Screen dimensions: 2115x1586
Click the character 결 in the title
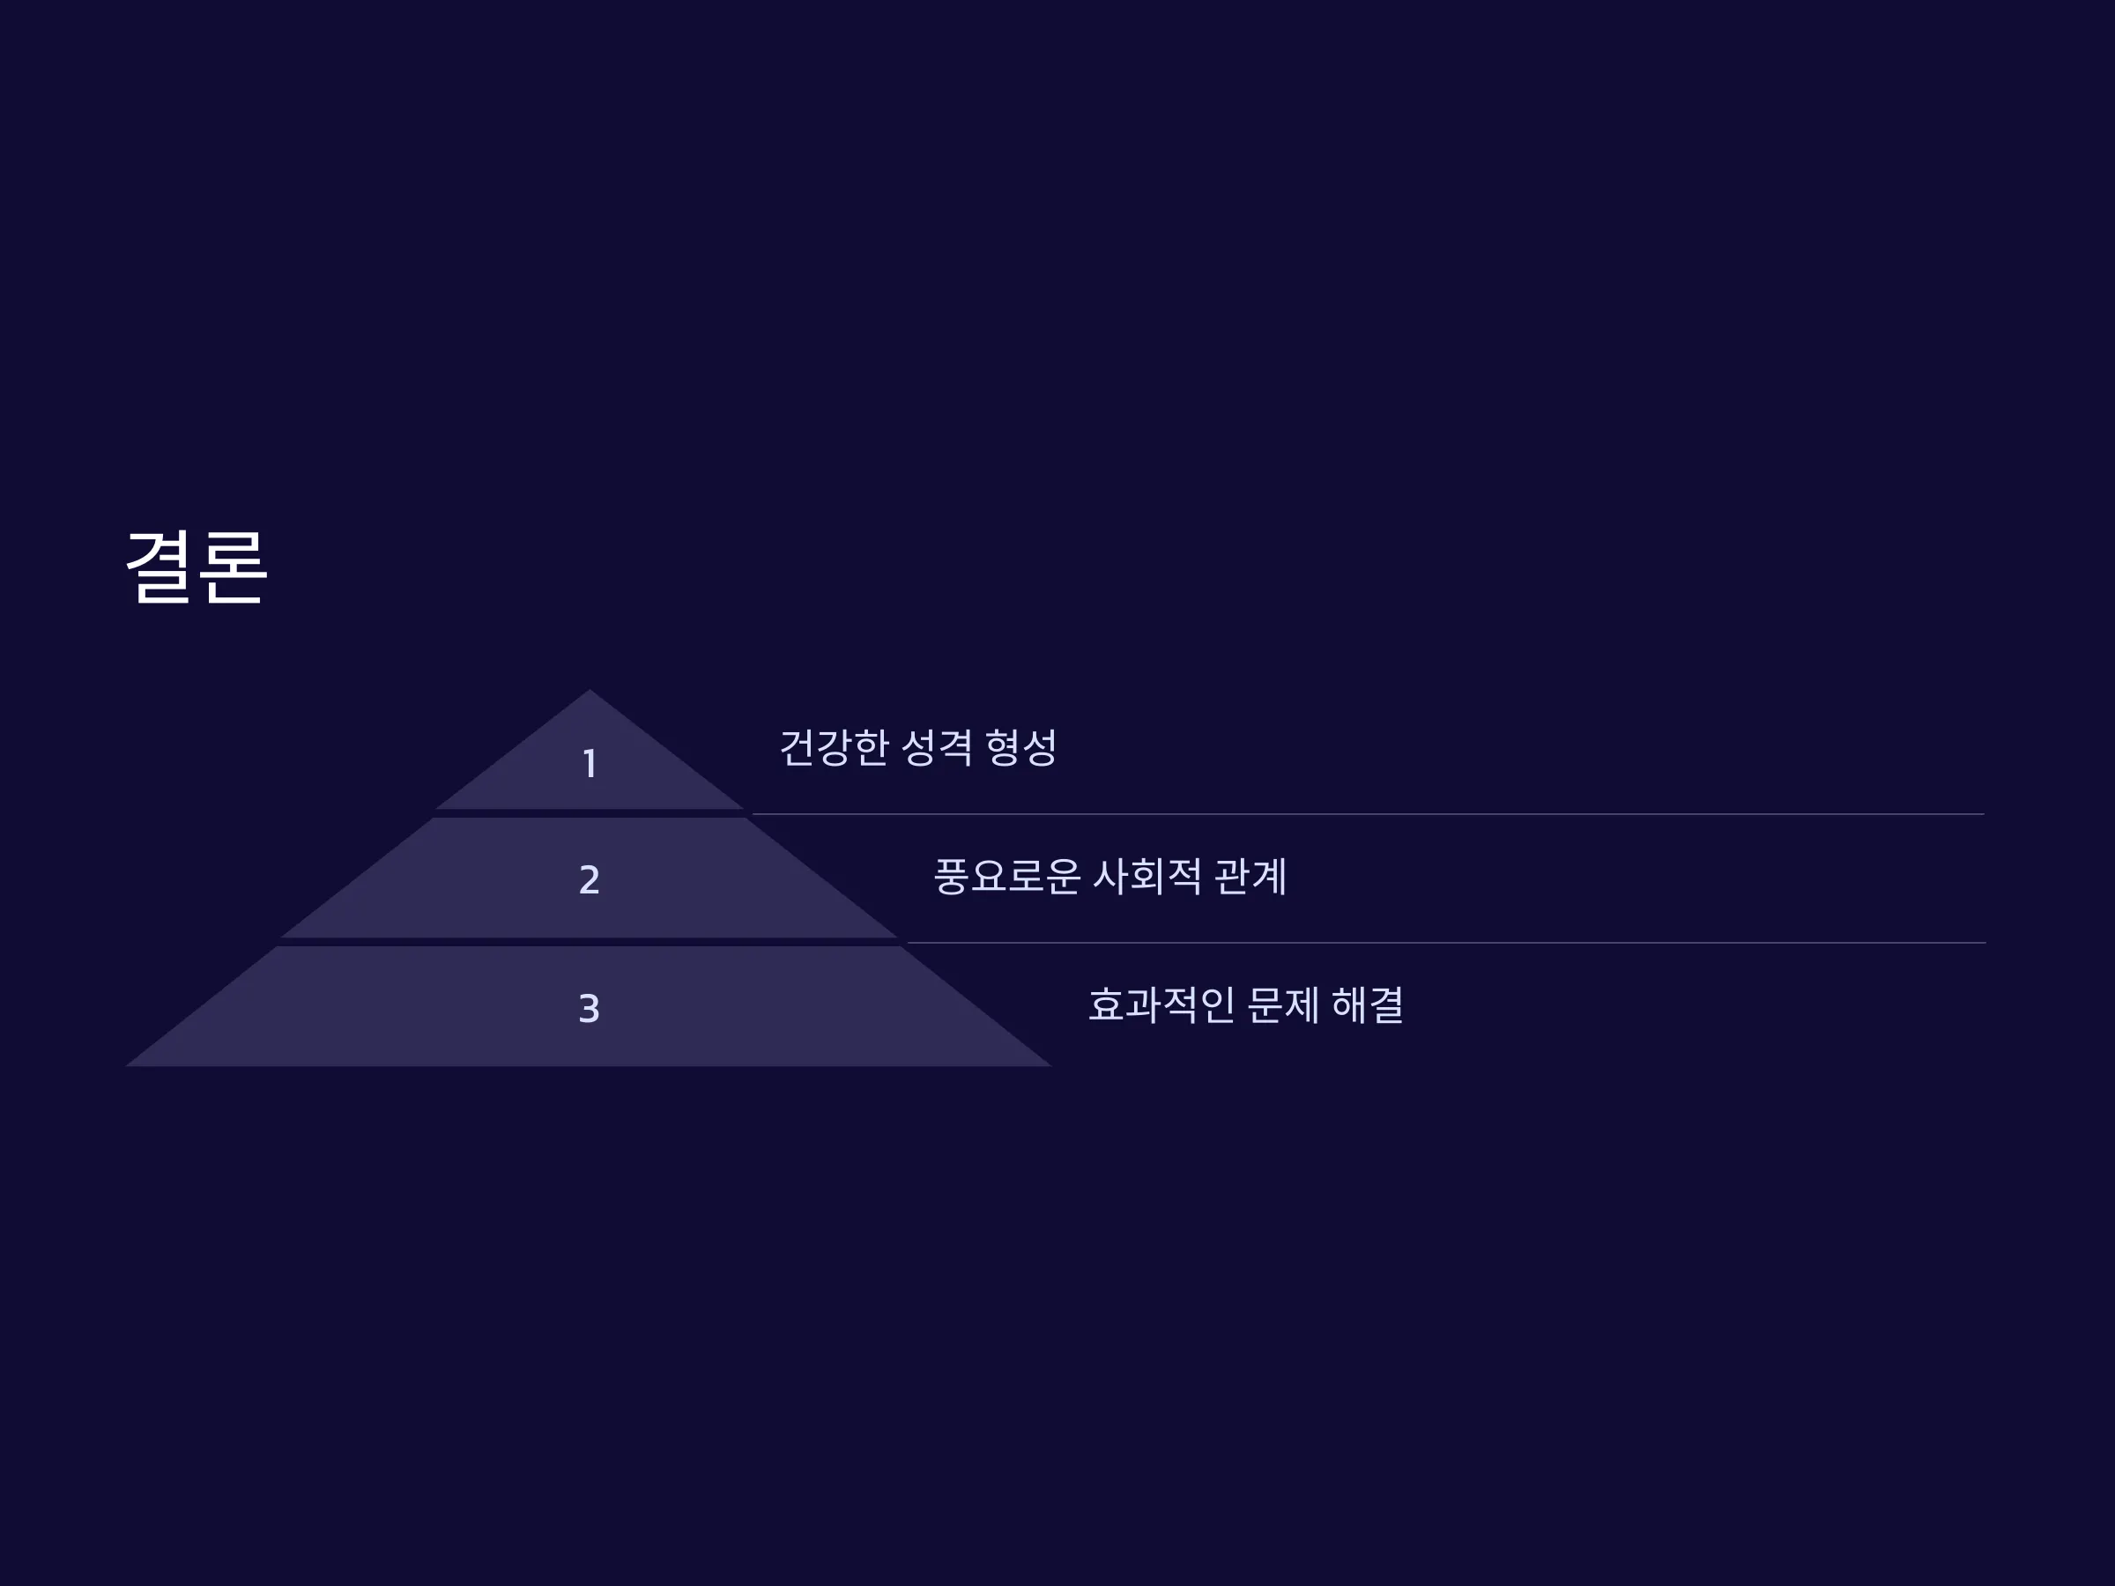point(159,567)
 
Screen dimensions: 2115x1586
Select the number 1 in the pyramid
point(590,764)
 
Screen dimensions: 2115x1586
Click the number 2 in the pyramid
point(590,879)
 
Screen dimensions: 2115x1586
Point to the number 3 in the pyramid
point(590,1009)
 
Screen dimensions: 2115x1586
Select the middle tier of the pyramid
point(590,878)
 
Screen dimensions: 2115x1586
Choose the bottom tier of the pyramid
point(590,1005)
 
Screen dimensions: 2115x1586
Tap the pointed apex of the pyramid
point(590,689)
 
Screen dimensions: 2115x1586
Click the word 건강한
point(835,747)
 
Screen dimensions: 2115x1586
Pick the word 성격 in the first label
point(937,747)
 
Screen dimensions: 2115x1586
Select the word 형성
point(1021,747)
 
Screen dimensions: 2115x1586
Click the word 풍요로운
point(1006,877)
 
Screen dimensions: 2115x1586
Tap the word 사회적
point(1147,877)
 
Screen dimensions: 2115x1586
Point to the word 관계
point(1250,877)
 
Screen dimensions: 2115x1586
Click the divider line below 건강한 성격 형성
point(1369,814)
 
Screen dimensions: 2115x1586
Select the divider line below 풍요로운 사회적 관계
point(1447,943)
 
